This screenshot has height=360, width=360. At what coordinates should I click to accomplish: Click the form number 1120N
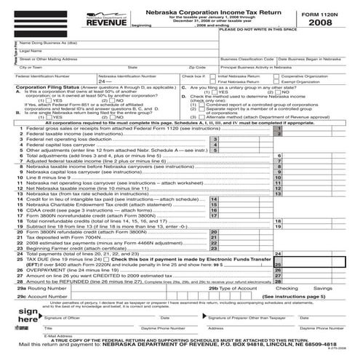click(x=323, y=10)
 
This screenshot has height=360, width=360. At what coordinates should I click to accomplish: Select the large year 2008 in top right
click(x=324, y=23)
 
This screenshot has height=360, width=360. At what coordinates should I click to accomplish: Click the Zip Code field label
click(x=196, y=66)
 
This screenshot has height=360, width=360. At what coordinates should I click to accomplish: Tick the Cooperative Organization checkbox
click(x=278, y=75)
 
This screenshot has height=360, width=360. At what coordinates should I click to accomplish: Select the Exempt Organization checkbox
click(x=278, y=81)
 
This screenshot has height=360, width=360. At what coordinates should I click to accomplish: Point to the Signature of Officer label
click(x=62, y=338)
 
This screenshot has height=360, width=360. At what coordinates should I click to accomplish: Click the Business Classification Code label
click(x=247, y=59)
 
